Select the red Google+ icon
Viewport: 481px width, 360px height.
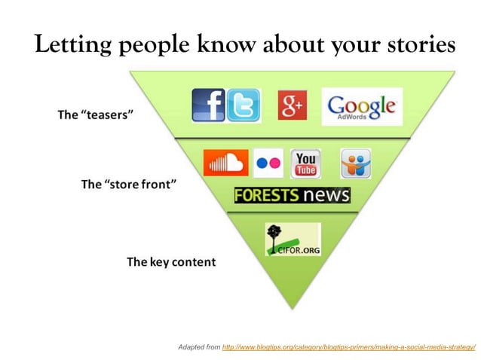292,105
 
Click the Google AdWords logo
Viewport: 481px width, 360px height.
362,107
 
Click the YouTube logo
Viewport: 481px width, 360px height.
306,163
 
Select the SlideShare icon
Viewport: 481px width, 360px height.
355,163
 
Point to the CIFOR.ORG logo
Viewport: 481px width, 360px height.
293,239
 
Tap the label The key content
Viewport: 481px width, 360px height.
171,262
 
